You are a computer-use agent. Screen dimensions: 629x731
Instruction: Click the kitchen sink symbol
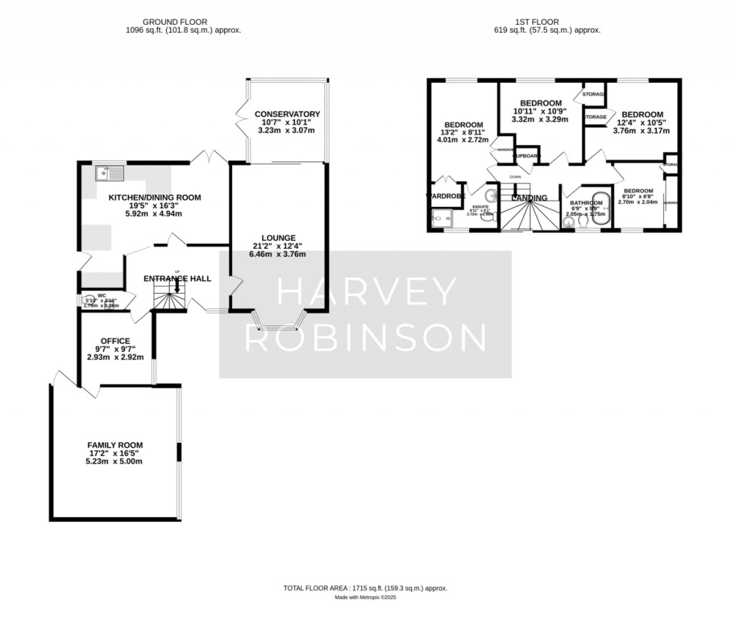(109, 173)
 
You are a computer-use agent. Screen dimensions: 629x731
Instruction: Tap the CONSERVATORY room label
(287, 114)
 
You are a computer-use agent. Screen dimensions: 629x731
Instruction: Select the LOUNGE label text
(278, 237)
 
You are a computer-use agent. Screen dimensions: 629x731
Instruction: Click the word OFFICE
(115, 340)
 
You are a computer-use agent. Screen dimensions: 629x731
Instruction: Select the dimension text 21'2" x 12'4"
(278, 246)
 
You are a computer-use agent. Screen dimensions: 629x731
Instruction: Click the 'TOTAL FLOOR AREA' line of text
(365, 588)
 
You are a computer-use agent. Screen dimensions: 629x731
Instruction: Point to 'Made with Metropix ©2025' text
(365, 598)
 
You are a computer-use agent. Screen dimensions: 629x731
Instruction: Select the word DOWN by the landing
(515, 176)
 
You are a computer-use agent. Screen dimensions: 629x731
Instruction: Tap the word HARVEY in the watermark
(366, 291)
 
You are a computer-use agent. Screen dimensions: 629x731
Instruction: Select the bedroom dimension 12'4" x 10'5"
(641, 123)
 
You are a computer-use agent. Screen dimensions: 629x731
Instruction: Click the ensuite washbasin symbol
(491, 196)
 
